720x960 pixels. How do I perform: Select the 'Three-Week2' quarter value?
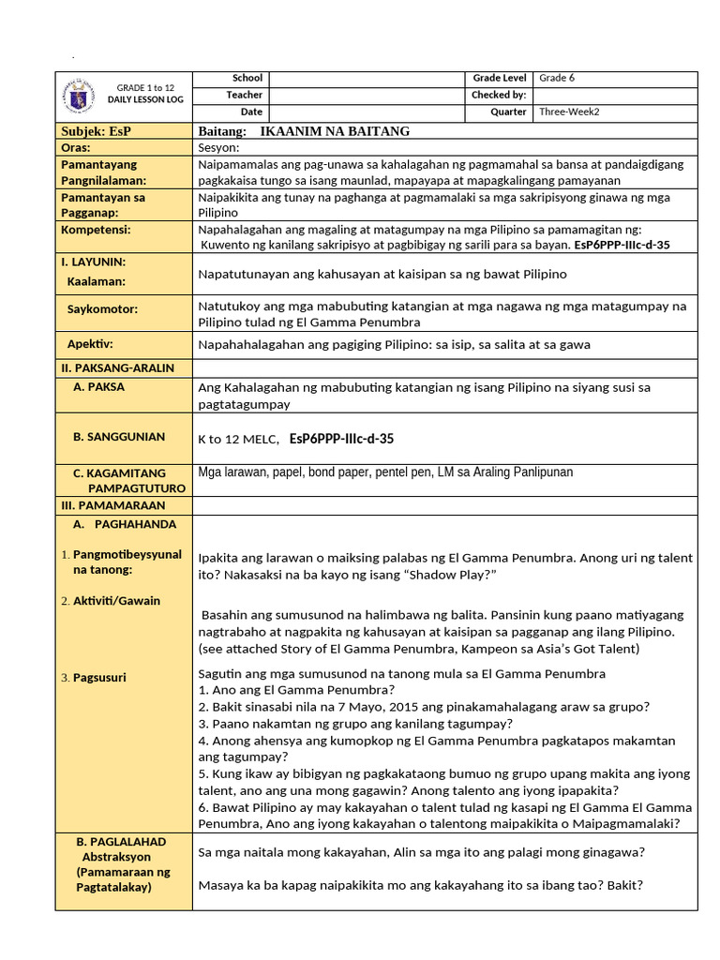[x=569, y=112]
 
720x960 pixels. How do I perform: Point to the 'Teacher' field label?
[x=244, y=96]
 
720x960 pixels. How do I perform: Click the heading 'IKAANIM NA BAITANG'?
[x=334, y=131]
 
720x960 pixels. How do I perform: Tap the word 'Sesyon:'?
[x=219, y=147]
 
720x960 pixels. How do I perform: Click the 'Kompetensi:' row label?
[x=97, y=230]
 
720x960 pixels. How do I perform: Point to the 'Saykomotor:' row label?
[x=102, y=308]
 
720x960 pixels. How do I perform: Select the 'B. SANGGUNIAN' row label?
[x=118, y=437]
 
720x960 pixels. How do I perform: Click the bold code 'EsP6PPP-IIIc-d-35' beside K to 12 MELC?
[x=341, y=438]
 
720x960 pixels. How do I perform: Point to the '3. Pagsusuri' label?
[x=98, y=677]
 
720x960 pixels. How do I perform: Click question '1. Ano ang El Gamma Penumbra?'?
[x=296, y=690]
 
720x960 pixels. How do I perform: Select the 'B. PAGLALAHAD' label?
[x=120, y=841]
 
